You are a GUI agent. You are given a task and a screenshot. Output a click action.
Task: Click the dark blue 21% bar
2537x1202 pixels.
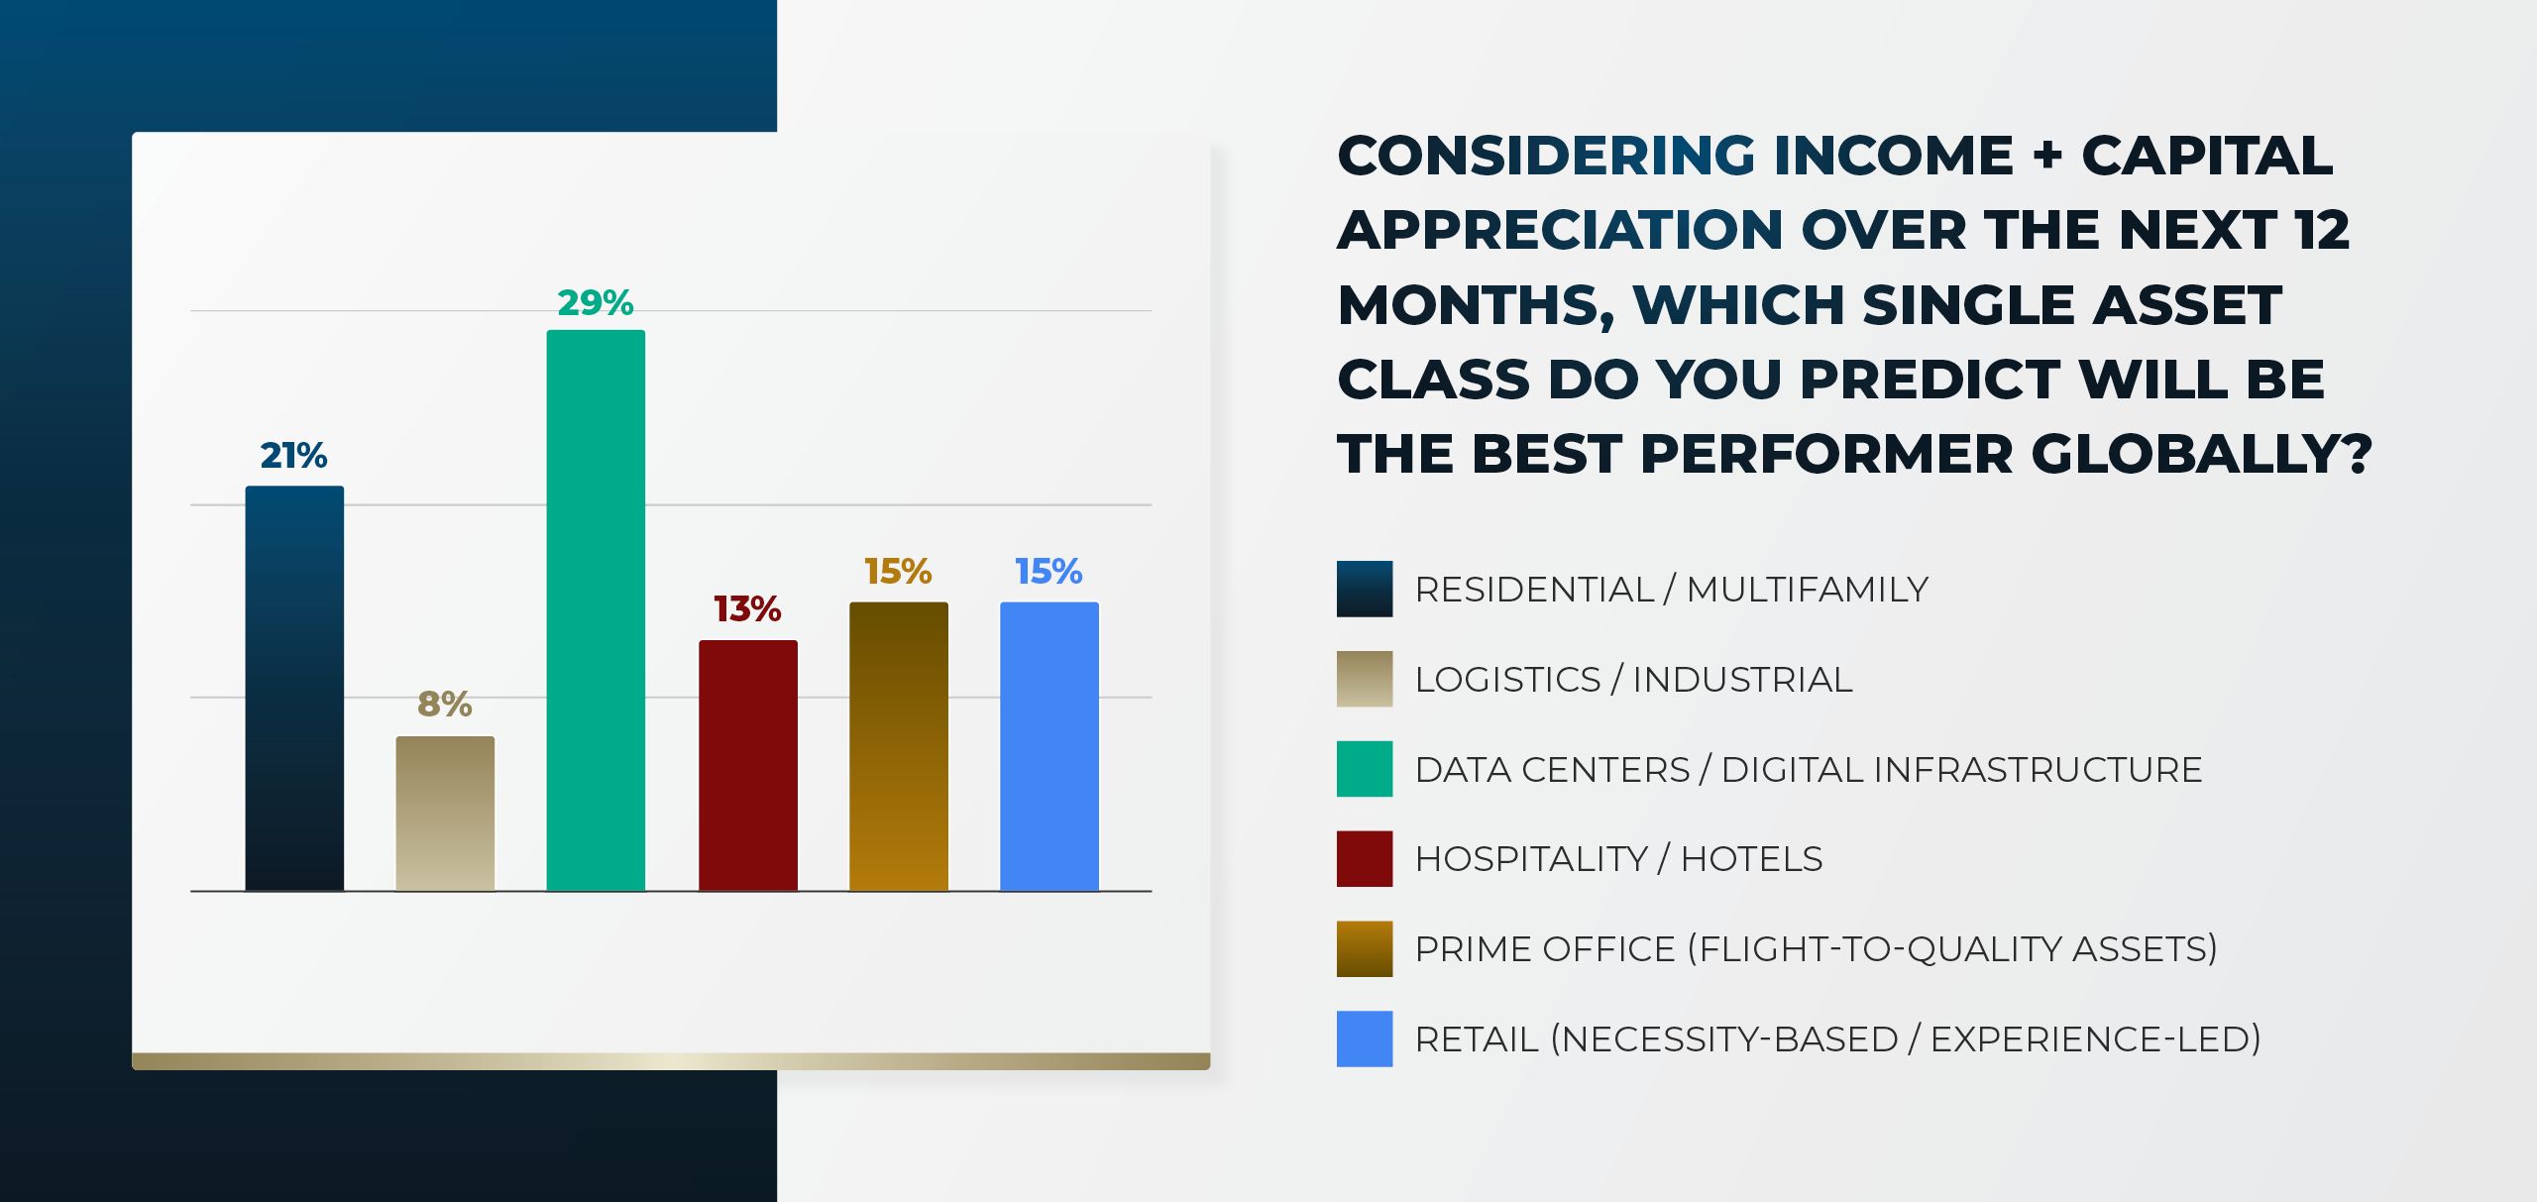coord(294,689)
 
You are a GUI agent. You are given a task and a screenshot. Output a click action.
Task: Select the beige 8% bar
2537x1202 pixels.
coord(445,813)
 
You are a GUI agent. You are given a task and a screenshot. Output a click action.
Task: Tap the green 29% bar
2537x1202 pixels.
coord(596,610)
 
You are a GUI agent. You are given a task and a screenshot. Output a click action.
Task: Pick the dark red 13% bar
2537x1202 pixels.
coord(748,765)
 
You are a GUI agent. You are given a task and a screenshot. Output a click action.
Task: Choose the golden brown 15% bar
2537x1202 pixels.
coord(899,746)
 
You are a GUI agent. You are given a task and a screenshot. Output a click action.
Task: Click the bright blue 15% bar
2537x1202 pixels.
coord(1049,746)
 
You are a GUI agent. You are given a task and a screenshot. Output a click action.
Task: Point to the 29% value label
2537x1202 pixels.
coord(596,302)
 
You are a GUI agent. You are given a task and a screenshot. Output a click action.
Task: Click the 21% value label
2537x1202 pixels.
coord(293,456)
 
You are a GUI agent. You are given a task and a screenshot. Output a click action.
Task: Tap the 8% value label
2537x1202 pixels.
coord(445,705)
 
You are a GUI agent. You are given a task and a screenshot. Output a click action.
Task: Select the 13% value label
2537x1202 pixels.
coord(748,608)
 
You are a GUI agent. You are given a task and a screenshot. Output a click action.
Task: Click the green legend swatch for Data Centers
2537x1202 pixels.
coord(1364,769)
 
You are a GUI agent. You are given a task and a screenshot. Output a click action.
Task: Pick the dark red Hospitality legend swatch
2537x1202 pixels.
coord(1364,858)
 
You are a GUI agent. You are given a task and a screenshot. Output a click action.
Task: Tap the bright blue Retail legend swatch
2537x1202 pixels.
coord(1364,1038)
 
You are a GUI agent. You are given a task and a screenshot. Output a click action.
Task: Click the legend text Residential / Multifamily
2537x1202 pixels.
coord(1671,590)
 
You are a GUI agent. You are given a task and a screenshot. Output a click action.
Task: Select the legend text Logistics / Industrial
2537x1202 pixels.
coord(1633,680)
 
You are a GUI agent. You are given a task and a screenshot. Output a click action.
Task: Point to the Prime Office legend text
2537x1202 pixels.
coord(1816,949)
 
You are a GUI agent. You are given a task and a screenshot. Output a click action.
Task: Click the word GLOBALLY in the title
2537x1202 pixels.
coord(2201,455)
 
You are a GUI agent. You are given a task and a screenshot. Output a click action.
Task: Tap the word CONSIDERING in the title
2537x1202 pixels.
coord(1547,156)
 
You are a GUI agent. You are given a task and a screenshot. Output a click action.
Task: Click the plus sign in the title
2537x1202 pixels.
coord(2047,156)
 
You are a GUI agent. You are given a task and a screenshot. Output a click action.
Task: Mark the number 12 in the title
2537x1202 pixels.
coord(2320,230)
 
